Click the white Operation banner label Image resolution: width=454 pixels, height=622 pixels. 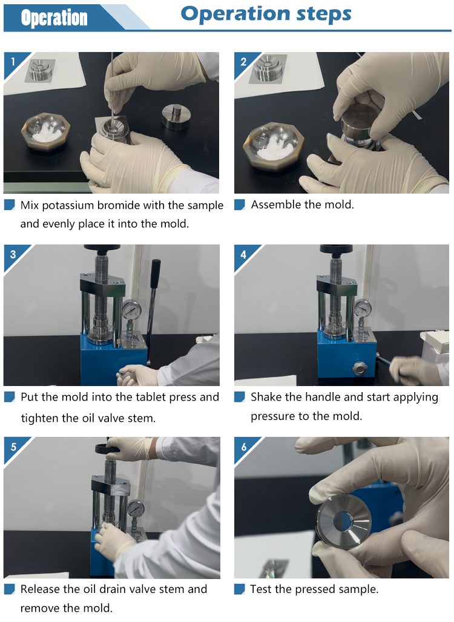[54, 18]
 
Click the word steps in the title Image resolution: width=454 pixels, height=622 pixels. [324, 15]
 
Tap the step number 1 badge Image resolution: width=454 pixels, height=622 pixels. [13, 62]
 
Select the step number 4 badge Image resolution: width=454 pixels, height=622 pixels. [243, 254]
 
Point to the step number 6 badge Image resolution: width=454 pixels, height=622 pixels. [244, 447]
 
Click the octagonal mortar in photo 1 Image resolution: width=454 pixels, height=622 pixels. [45, 131]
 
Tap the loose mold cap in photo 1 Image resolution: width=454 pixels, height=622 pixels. [177, 116]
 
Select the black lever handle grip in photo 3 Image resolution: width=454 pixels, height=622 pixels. [155, 274]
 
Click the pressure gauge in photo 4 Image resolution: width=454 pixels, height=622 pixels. [363, 308]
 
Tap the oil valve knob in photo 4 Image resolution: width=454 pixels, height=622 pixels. [360, 368]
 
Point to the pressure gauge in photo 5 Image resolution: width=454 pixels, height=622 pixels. [136, 509]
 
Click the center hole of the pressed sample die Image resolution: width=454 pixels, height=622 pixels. [343, 521]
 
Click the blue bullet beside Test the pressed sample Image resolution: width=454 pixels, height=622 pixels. [239, 589]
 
